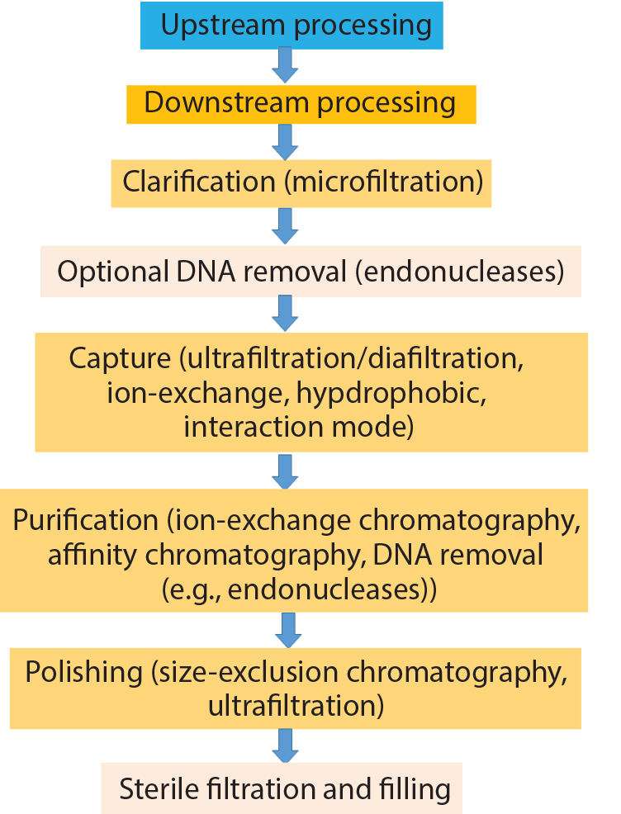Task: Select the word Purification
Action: click(x=84, y=520)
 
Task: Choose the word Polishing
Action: click(x=83, y=672)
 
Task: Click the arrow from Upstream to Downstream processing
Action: click(x=285, y=64)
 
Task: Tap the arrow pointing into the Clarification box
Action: click(x=285, y=142)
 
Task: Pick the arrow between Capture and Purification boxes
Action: click(x=285, y=471)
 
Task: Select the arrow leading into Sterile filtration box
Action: click(x=285, y=746)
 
